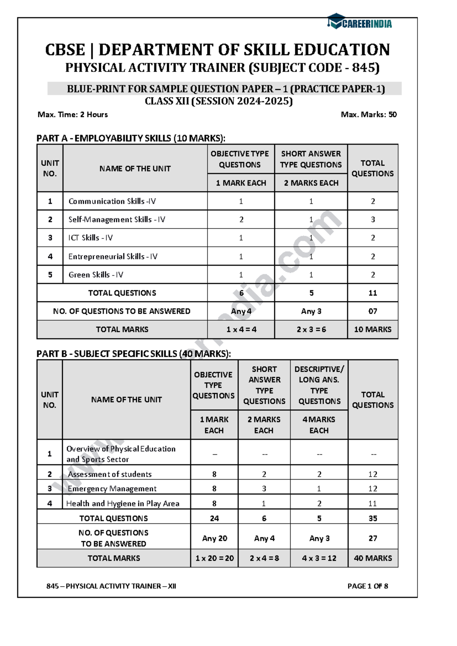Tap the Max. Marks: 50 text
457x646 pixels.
click(369, 115)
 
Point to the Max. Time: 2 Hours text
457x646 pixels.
click(73, 115)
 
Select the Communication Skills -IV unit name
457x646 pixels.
click(112, 201)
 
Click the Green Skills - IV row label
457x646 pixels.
click(96, 275)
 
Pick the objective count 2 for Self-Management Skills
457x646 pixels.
click(241, 219)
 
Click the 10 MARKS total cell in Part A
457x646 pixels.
click(372, 329)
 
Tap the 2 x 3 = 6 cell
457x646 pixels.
click(311, 329)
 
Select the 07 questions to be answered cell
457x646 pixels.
click(372, 311)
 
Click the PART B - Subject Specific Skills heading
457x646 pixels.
click(133, 354)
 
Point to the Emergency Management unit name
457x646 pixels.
click(112, 489)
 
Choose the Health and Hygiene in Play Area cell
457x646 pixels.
click(123, 504)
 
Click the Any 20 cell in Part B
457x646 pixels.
click(214, 538)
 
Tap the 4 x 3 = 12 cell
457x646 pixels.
click(319, 558)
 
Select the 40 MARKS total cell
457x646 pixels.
click(372, 558)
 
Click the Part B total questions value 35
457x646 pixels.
click(372, 518)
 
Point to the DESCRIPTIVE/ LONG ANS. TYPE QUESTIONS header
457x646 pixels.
click(319, 385)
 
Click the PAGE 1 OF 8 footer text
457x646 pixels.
click(368, 586)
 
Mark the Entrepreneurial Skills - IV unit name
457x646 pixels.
click(113, 256)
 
